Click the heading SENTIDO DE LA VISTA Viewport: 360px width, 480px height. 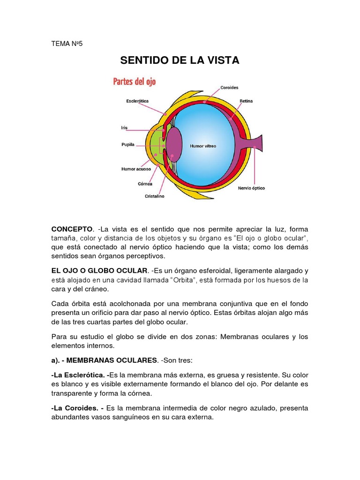(x=180, y=60)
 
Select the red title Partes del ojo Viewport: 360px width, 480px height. (x=135, y=82)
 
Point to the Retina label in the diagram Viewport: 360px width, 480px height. (x=246, y=101)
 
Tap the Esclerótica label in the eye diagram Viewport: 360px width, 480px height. (x=138, y=100)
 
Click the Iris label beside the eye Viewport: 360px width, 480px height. (x=124, y=127)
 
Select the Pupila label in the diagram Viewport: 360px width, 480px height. (x=128, y=145)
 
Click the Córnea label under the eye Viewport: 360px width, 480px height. (x=145, y=184)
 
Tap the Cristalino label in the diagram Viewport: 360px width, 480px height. (x=154, y=196)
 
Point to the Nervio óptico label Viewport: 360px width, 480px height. (x=251, y=188)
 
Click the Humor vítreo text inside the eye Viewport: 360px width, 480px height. (x=203, y=146)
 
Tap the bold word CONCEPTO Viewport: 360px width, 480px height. (x=72, y=229)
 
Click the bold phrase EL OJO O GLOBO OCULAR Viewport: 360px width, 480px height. (x=99, y=271)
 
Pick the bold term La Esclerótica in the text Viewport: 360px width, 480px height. (x=79, y=375)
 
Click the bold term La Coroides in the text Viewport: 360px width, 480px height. (x=75, y=409)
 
